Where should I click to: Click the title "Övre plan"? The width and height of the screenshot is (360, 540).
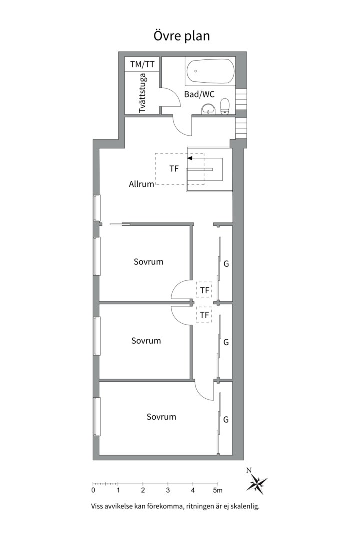pos(181,36)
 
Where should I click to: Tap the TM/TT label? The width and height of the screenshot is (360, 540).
pos(142,64)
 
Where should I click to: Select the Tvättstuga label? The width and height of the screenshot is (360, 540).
pos(143,92)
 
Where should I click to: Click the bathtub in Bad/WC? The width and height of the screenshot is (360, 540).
pos(209,71)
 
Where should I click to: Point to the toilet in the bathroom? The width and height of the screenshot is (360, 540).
pos(225,106)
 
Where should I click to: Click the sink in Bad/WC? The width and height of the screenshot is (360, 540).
pos(208,109)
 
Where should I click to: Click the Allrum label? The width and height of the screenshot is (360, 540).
pos(141,184)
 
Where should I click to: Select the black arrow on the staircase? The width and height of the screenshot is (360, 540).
pos(190,158)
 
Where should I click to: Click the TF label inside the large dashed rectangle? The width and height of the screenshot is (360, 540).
pos(174,169)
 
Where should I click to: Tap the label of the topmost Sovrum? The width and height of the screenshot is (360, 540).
pos(148,261)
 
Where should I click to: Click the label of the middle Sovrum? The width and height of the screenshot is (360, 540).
pos(146,341)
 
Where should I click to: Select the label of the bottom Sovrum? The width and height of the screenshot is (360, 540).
pos(161,417)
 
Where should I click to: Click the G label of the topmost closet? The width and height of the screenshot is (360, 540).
pos(226,263)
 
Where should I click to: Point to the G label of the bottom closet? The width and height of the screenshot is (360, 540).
pos(226,419)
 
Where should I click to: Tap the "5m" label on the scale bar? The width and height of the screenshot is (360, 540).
pos(217,490)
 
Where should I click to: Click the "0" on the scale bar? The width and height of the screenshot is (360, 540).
pos(93,490)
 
